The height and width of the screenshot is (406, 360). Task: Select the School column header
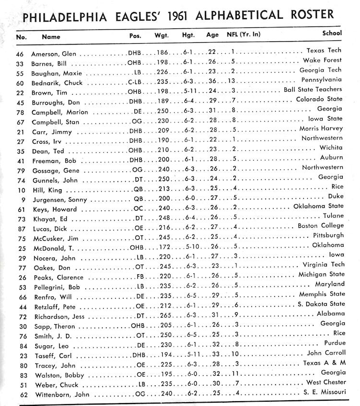(x=332, y=34)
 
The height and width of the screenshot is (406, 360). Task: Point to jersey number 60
(x=20, y=83)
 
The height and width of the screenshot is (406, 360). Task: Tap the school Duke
(x=336, y=197)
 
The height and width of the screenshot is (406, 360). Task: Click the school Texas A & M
(x=324, y=363)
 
